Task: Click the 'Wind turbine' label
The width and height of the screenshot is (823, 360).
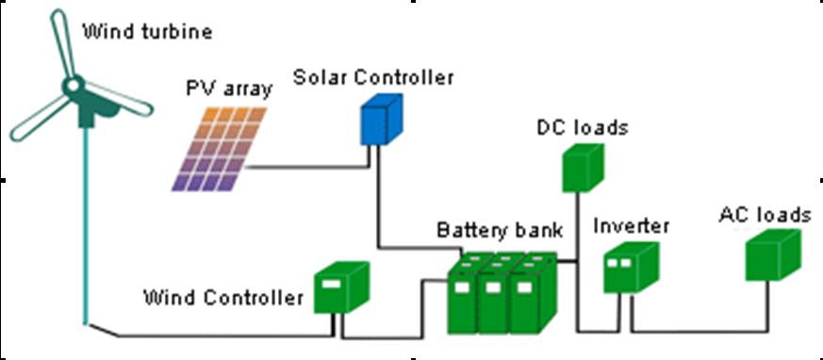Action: point(147,33)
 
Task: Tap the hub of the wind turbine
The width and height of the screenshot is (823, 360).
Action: point(73,86)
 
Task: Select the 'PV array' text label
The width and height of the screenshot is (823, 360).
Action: point(228,90)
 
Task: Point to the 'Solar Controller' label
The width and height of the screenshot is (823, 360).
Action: point(372,77)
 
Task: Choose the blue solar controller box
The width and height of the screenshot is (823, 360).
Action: point(381,122)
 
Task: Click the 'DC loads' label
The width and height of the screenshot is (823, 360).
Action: point(582,127)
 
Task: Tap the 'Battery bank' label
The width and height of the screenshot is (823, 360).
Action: point(500,230)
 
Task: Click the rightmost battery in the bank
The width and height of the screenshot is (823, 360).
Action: point(531,302)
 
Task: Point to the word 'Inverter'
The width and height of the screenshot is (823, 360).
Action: point(631,226)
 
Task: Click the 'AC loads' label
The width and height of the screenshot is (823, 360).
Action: point(764,216)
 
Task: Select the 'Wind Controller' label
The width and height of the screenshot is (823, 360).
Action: point(222,299)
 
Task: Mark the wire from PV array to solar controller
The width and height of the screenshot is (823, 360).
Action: point(302,168)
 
